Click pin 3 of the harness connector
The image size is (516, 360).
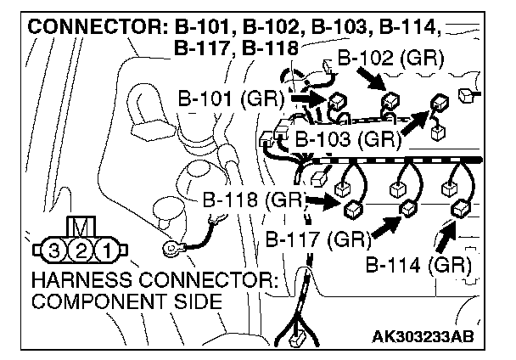[x=54, y=250]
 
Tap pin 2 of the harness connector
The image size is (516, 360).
[x=80, y=250]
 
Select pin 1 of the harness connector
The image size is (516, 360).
[x=105, y=250]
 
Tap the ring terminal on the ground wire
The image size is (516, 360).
[x=172, y=250]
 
